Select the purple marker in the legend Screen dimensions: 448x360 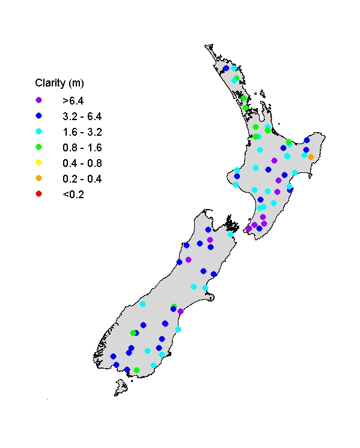point(39,100)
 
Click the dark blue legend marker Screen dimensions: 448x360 point(39,115)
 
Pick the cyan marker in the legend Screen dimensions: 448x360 point(39,131)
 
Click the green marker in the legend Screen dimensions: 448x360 point(39,147)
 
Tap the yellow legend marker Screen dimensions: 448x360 point(39,162)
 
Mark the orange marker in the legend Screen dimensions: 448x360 point(39,178)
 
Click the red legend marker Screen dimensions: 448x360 point(39,193)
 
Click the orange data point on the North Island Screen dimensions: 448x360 point(311,157)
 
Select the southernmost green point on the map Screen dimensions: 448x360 point(136,370)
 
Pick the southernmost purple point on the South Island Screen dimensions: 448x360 point(180,311)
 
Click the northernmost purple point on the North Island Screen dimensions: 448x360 point(274,160)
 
